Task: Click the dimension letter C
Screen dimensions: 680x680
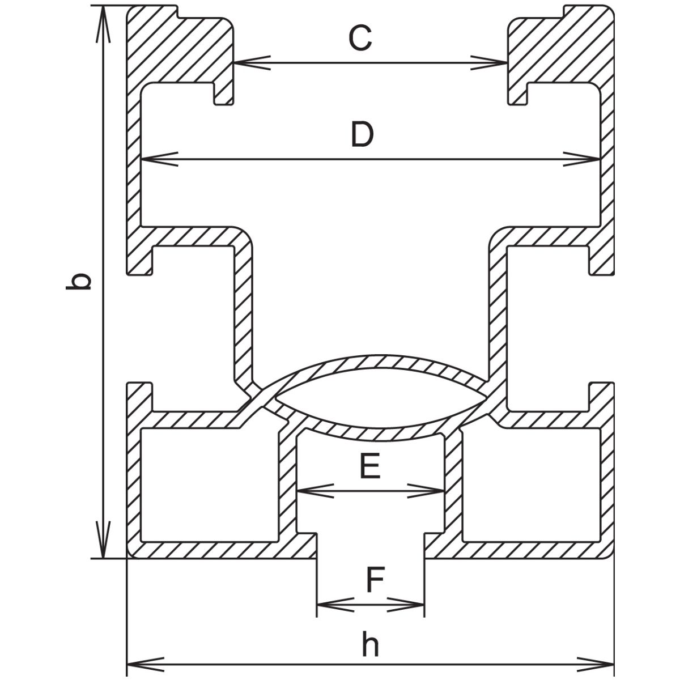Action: click(359, 39)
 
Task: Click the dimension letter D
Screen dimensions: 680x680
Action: click(362, 135)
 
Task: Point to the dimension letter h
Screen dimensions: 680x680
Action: click(370, 645)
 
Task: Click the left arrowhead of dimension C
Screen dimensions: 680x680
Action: click(249, 62)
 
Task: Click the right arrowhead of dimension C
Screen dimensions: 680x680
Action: click(491, 62)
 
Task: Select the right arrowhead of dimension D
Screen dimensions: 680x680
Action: click(584, 159)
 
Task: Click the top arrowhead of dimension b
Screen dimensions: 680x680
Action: click(103, 23)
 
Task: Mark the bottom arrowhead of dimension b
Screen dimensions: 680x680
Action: click(103, 541)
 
